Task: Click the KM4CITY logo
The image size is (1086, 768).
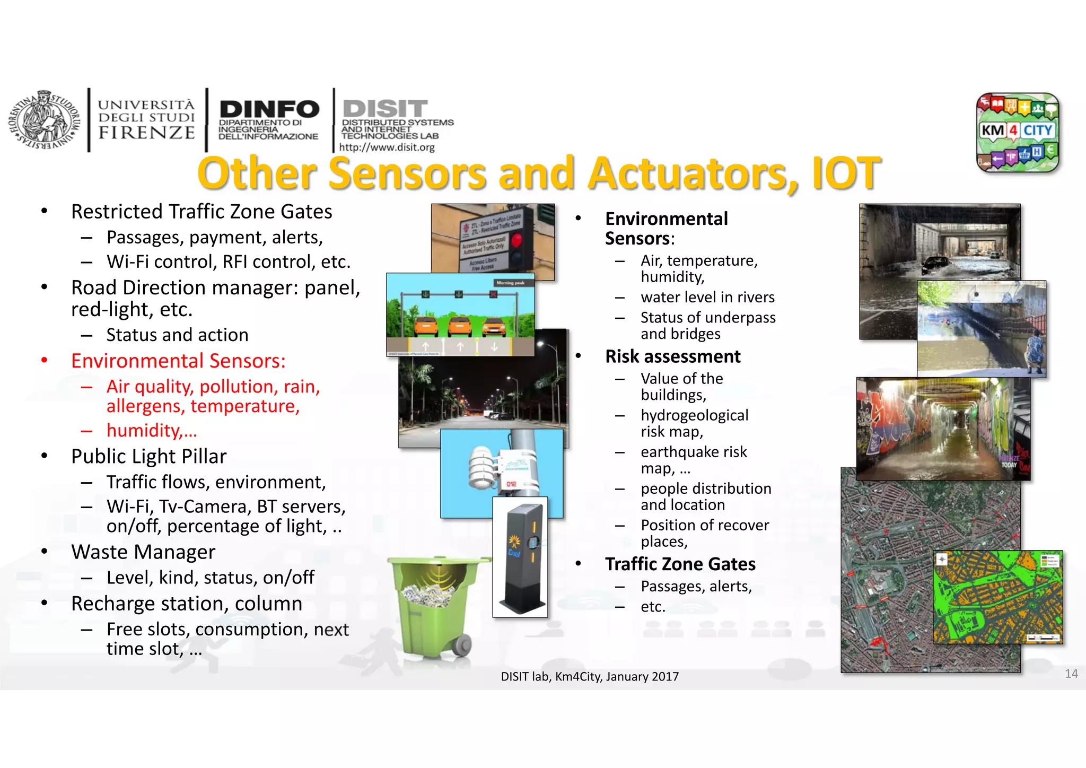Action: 1017,133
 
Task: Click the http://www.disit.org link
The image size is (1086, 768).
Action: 387,147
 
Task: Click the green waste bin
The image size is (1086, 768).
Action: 432,605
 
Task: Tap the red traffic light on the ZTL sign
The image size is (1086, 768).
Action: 516,240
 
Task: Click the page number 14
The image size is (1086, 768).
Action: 1071,674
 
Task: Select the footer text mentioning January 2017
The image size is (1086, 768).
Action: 590,677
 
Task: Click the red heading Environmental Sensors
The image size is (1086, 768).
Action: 178,361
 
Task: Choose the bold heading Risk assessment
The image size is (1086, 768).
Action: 672,356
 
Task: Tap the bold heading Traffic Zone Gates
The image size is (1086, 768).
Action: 680,564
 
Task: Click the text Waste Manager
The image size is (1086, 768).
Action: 143,552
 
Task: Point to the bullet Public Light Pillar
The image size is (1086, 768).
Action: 148,457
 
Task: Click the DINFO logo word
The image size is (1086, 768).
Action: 269,110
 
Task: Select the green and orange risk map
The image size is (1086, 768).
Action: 997,597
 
